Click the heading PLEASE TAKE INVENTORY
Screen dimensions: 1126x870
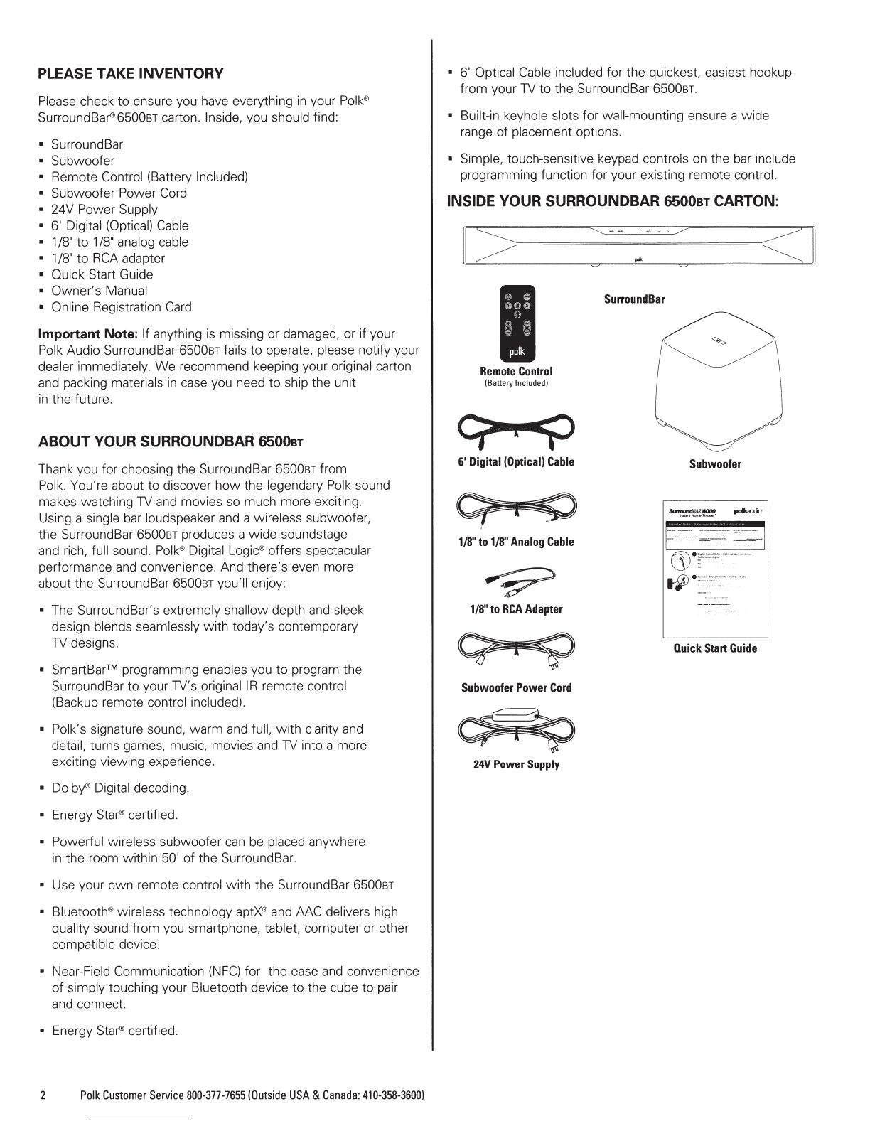130,73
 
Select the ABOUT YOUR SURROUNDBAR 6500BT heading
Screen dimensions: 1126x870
171,442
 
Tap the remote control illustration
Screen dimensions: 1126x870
516,324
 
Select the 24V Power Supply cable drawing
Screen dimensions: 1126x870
516,730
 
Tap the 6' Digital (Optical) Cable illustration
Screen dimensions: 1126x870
516,429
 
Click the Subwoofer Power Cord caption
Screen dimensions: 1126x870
516,687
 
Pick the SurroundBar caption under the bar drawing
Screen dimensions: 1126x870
634,299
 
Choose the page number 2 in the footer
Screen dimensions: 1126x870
43,1094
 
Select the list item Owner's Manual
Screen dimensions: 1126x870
99,291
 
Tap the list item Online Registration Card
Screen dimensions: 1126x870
121,307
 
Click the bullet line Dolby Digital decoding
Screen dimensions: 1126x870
120,788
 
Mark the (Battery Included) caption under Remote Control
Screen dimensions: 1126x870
516,383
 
